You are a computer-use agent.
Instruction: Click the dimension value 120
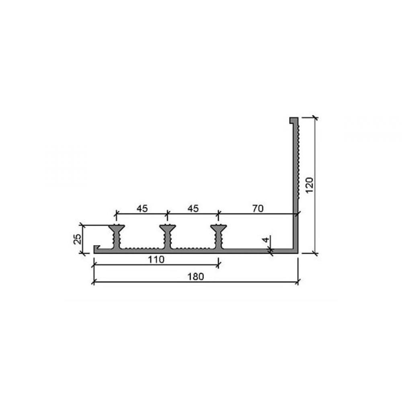(x=310, y=185)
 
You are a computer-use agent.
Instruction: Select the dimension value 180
(x=196, y=277)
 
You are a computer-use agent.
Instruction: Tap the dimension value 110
(x=156, y=260)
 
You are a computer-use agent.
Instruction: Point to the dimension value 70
(x=258, y=209)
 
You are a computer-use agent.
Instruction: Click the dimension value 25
(x=78, y=239)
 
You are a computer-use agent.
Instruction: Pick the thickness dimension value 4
(x=266, y=240)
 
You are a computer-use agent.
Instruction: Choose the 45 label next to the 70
(x=193, y=209)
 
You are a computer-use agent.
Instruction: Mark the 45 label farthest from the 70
(x=142, y=209)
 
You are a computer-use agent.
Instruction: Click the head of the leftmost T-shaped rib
(x=117, y=227)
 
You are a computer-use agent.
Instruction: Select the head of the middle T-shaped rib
(x=167, y=227)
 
